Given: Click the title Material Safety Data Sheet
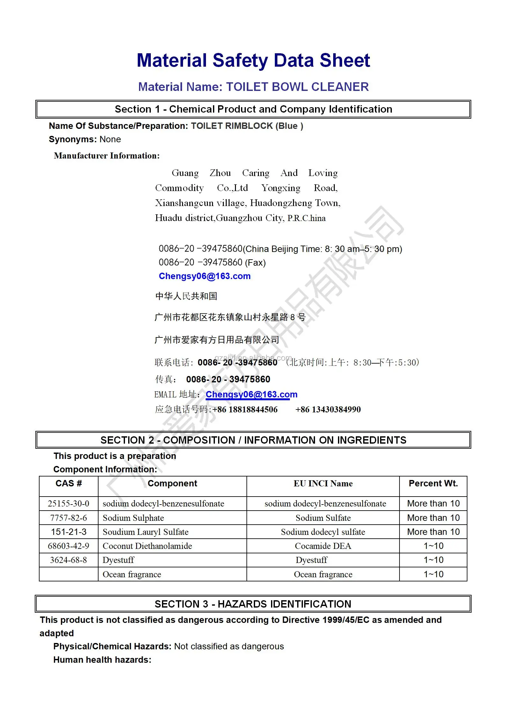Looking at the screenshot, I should coord(253,61).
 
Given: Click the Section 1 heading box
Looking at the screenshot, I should coord(253,109).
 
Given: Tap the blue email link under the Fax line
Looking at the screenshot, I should coord(205,276).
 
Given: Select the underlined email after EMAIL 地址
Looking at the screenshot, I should coord(251,395).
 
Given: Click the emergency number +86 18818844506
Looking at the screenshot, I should coord(245,410).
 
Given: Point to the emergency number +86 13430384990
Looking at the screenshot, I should coord(328,410).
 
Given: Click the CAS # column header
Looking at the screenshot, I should coord(69,483).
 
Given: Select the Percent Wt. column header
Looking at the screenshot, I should coord(433,483).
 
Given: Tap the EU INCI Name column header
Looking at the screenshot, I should coord(323,483).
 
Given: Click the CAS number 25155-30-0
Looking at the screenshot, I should coord(69,504).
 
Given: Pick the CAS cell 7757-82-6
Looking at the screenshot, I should coord(69,518).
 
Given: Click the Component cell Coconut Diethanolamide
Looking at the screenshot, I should coord(147,546).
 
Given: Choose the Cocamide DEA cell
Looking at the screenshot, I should coord(323,546).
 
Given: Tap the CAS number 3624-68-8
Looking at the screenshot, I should coord(69,560).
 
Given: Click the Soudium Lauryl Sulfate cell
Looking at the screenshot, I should coord(145,532).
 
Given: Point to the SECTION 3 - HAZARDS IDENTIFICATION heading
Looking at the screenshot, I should coord(253,604).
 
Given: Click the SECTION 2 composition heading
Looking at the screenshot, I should coord(253,440).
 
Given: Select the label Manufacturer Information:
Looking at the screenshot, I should coord(107,156).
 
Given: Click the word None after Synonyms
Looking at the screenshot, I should coord(110,139).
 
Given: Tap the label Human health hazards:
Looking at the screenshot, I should coord(102,660).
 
